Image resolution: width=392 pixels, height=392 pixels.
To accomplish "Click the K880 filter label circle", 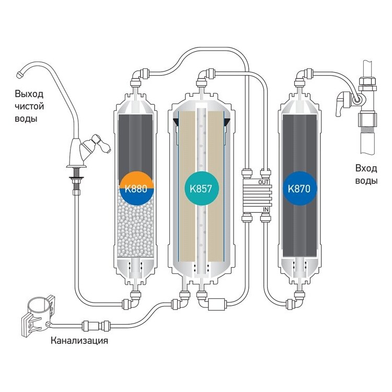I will [x=137, y=187].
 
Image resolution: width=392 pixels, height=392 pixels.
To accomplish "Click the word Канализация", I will [x=79, y=342].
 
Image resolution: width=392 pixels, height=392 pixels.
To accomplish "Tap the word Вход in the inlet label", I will [x=366, y=169].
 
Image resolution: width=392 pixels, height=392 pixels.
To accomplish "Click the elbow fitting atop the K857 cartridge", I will [x=202, y=77].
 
